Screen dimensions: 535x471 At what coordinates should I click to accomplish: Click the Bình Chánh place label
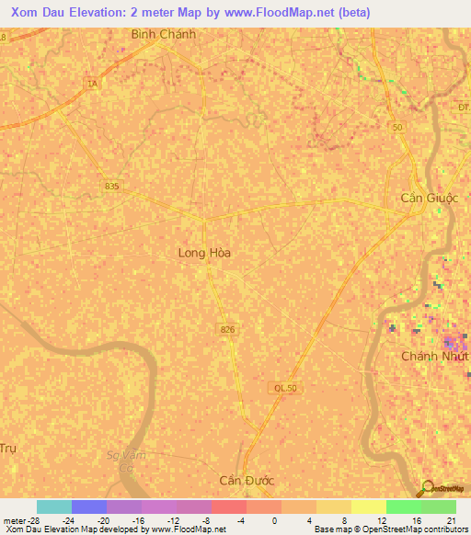164,35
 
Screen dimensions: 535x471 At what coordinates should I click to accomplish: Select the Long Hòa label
203,252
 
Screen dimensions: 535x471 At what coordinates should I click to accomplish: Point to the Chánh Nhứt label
435,356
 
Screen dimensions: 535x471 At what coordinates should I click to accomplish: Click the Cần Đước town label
247,481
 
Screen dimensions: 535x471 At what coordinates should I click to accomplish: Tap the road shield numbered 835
111,186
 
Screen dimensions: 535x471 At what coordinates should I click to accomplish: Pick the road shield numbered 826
227,328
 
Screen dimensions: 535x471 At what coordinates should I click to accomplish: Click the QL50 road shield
284,389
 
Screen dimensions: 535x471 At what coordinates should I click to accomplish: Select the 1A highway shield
91,84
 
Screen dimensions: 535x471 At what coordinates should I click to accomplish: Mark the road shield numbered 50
396,127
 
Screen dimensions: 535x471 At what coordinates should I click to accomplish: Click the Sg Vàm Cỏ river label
127,461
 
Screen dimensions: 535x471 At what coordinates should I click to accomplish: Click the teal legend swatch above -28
53,507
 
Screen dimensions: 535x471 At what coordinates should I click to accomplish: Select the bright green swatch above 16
403,507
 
